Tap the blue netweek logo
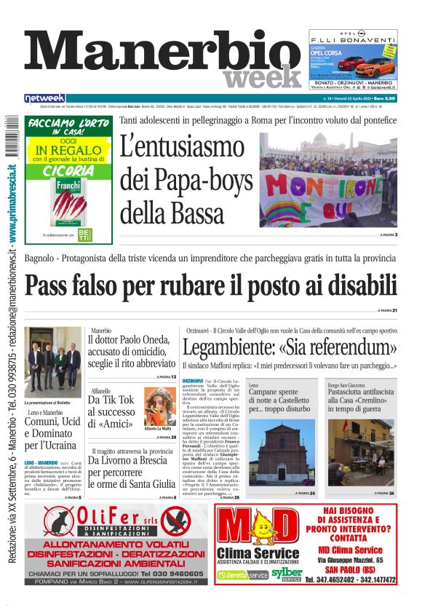[44, 98]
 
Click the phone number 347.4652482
[341, 580]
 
